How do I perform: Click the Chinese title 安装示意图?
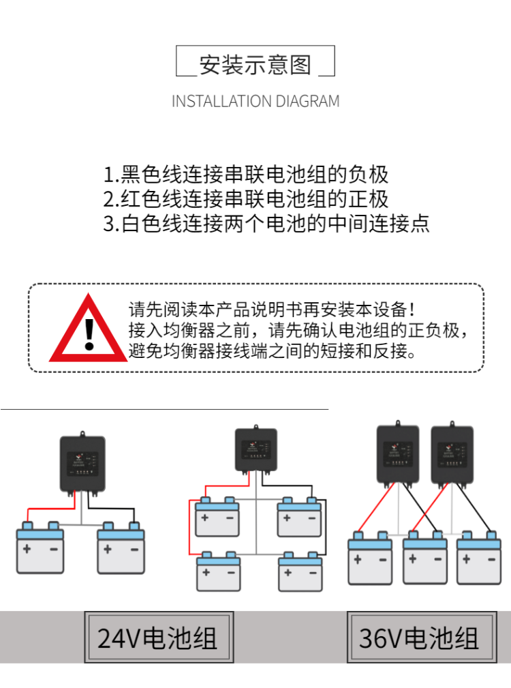(x=255, y=65)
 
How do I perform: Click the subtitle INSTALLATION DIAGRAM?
(x=255, y=102)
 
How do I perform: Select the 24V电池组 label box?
(x=158, y=638)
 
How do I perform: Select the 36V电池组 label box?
(x=420, y=638)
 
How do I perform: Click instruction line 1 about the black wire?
(x=246, y=175)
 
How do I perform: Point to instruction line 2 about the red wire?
(x=246, y=199)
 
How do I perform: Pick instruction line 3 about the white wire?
(x=266, y=224)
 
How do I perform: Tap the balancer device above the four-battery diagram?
(x=255, y=449)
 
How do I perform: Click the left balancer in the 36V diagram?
(x=397, y=453)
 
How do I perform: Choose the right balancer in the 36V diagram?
(x=452, y=453)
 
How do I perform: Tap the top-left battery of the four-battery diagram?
(x=217, y=516)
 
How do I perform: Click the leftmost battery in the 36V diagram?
(x=370, y=559)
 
